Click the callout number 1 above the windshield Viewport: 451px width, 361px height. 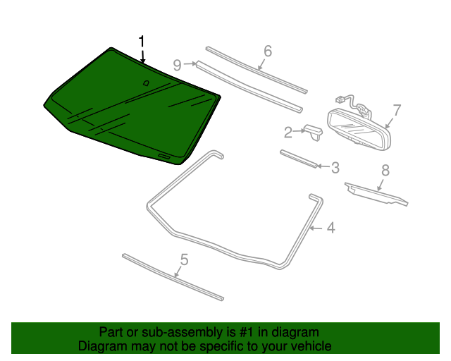[x=142, y=41]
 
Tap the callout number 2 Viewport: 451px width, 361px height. [x=288, y=132]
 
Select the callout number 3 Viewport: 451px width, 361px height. [x=335, y=167]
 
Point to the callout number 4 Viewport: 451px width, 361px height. [x=330, y=227]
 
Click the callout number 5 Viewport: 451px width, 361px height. [x=184, y=260]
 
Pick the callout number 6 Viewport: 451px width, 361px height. [x=268, y=51]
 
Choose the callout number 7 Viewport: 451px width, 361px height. [x=397, y=109]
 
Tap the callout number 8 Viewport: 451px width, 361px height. [x=385, y=170]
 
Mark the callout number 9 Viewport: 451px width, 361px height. [x=178, y=64]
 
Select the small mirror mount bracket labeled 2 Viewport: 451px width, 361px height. [x=313, y=132]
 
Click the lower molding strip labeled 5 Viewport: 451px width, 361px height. [x=173, y=276]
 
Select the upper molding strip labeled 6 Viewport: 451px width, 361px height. [x=257, y=71]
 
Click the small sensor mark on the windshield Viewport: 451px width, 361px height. [x=146, y=83]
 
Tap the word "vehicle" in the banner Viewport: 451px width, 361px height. [x=309, y=346]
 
